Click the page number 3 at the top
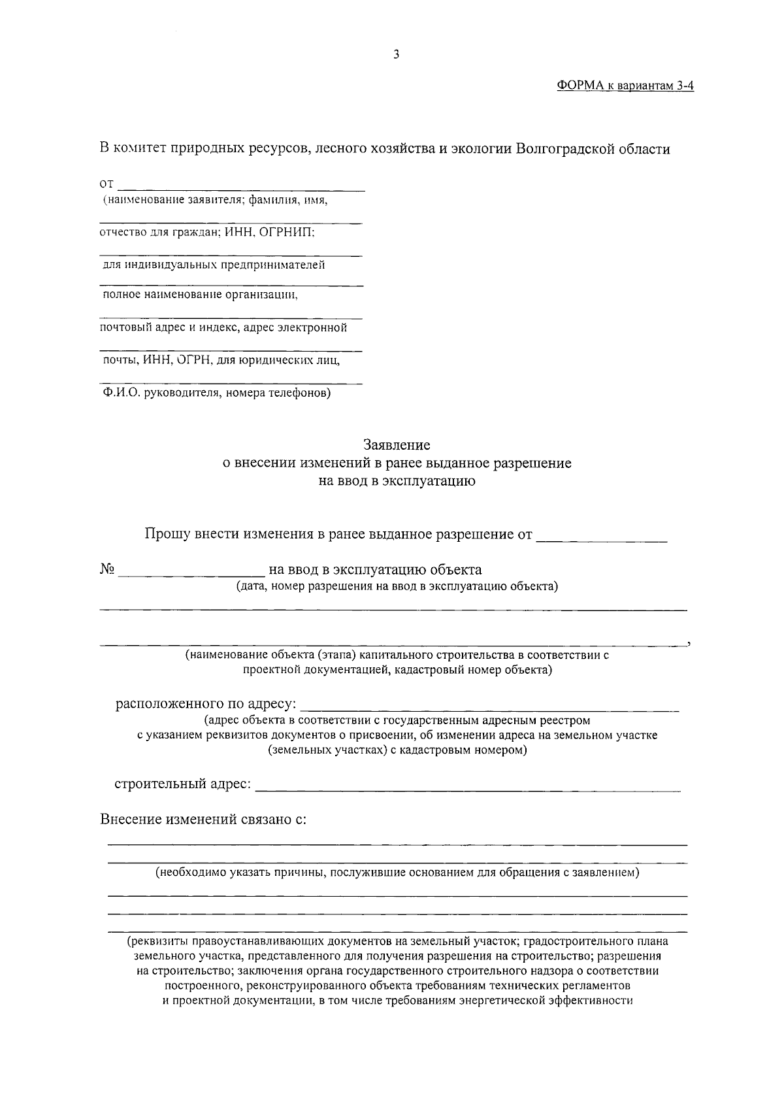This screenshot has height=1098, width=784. pyautogui.click(x=396, y=55)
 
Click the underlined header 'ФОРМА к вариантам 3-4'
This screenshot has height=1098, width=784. pyautogui.click(x=625, y=86)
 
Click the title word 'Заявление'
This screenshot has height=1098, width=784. pyautogui.click(x=397, y=445)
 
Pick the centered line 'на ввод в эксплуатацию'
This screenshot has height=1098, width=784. pyautogui.click(x=397, y=482)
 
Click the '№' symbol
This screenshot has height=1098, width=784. pyautogui.click(x=108, y=569)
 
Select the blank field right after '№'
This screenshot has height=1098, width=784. pyautogui.click(x=191, y=571)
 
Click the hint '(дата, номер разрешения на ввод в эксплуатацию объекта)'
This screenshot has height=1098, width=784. pyautogui.click(x=397, y=586)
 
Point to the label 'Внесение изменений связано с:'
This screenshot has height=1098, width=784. pyautogui.click(x=203, y=820)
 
